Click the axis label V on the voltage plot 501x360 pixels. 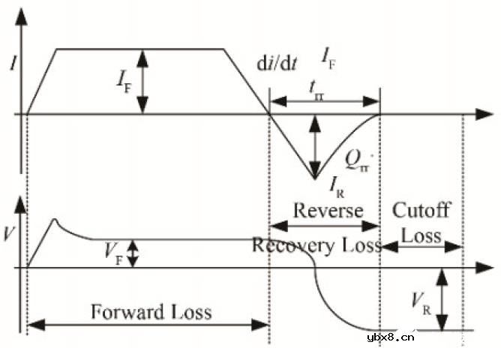point(8,232)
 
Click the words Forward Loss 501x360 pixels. point(151,310)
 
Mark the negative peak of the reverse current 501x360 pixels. point(316,178)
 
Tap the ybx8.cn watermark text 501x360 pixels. point(391,337)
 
